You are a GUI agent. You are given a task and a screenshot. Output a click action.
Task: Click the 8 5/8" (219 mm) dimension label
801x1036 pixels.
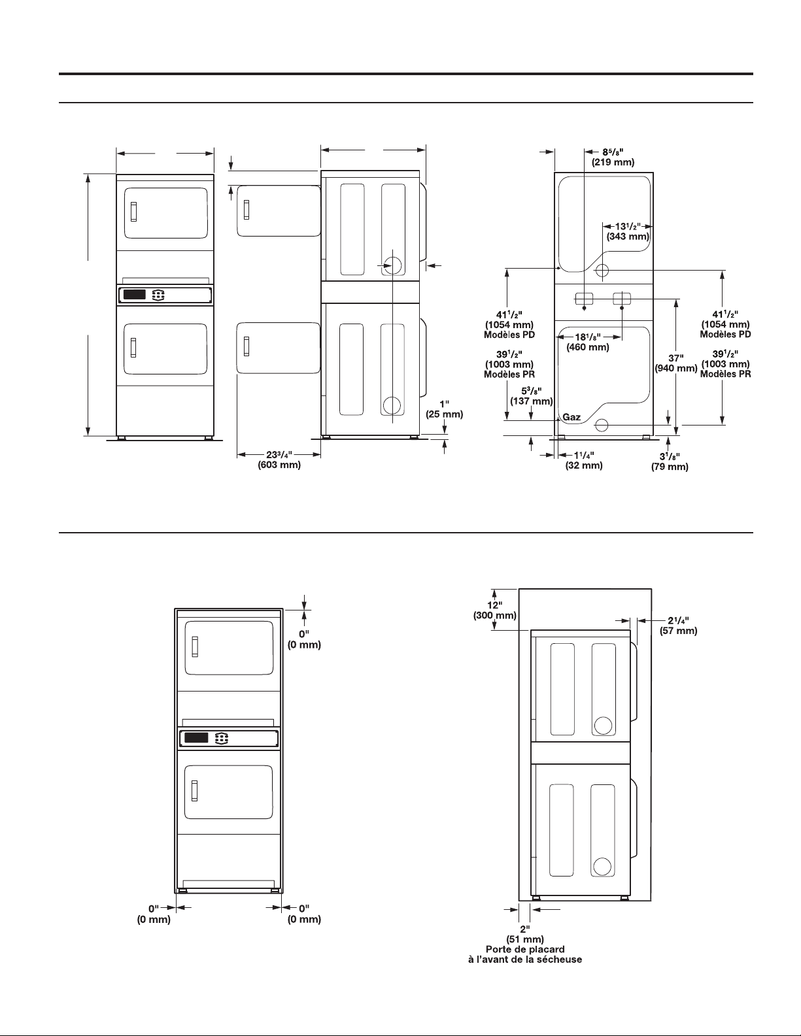click(613, 157)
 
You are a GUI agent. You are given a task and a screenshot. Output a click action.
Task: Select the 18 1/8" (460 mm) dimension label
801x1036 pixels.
click(588, 343)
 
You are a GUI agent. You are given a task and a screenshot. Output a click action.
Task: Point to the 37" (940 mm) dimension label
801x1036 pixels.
click(676, 363)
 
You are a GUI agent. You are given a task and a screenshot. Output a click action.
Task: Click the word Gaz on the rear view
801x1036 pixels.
click(571, 417)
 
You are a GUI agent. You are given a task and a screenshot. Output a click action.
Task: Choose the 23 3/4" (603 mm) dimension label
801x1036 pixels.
click(279, 460)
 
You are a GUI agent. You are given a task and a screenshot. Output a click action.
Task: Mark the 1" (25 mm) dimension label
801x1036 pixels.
click(445, 410)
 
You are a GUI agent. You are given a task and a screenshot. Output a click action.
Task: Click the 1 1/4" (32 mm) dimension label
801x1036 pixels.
click(584, 461)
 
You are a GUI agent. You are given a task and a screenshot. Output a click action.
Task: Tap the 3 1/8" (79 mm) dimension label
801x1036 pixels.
click(670, 462)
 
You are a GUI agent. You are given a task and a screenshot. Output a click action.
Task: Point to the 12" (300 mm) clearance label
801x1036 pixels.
click(495, 610)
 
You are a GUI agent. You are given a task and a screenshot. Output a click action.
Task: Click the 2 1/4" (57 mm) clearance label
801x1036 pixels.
click(679, 626)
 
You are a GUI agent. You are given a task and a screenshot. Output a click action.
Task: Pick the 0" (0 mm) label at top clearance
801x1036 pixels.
click(304, 639)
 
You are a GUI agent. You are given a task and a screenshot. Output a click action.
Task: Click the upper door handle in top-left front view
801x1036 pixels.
click(134, 212)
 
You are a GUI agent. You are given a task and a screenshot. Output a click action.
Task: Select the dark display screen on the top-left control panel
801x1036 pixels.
click(135, 295)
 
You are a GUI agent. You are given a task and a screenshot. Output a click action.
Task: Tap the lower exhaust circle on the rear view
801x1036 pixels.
click(602, 425)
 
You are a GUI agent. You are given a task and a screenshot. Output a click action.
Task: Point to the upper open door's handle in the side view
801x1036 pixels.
click(247, 209)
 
